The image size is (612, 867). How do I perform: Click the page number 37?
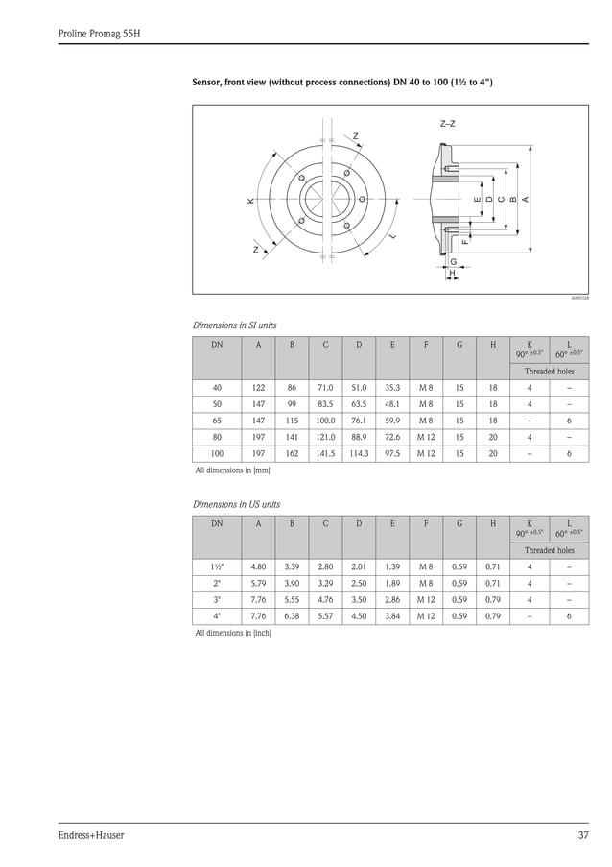click(583, 835)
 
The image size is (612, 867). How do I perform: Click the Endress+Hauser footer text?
click(91, 835)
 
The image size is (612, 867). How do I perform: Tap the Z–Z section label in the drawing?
click(447, 124)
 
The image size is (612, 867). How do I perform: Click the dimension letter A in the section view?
click(526, 199)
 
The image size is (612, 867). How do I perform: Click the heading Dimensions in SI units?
click(234, 325)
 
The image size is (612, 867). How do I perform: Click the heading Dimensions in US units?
click(236, 504)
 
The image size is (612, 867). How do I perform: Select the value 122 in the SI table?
click(258, 388)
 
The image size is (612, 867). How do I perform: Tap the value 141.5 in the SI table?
click(325, 453)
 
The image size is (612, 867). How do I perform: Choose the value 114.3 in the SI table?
click(359, 453)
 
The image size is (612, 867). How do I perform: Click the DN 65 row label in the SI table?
click(218, 421)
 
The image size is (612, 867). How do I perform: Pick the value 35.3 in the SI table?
click(391, 388)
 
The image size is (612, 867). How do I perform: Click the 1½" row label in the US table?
click(218, 566)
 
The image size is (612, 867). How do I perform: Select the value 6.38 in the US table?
click(292, 615)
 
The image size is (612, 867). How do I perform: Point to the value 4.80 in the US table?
click(258, 566)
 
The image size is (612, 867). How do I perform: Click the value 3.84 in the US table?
click(391, 615)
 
